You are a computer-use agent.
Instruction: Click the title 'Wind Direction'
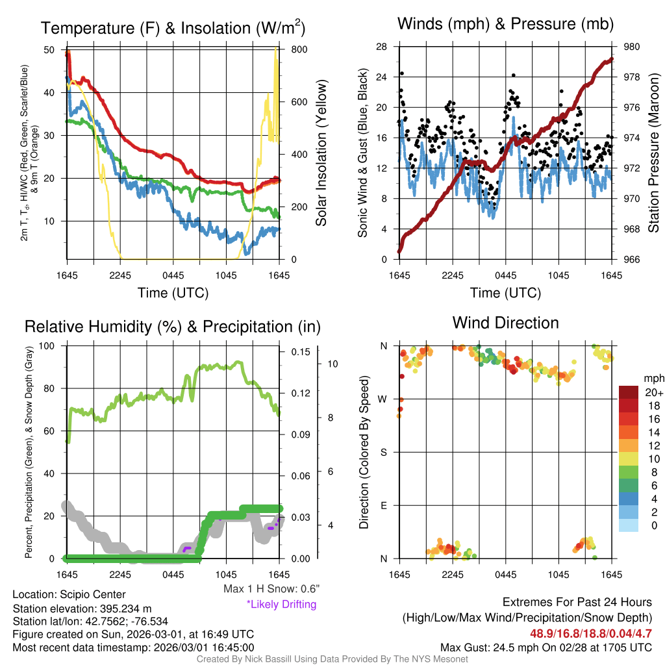(x=505, y=323)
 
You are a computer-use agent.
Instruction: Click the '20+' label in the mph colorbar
(x=653, y=392)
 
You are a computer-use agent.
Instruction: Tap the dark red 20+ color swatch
(x=629, y=392)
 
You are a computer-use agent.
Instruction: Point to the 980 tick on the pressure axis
(x=631, y=47)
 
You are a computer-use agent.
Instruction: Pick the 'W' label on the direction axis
(x=383, y=399)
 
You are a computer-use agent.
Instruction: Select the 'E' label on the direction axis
(x=384, y=505)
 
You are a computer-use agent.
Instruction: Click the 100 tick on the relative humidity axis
(x=48, y=346)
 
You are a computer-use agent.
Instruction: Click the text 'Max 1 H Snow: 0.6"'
(x=271, y=589)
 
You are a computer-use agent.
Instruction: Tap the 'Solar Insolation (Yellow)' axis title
(x=321, y=153)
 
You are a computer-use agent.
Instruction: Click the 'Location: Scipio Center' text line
(x=69, y=594)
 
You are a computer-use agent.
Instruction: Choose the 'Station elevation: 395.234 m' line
(x=82, y=608)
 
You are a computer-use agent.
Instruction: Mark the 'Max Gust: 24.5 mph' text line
(x=546, y=647)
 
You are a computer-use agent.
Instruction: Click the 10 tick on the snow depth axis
(x=331, y=364)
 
